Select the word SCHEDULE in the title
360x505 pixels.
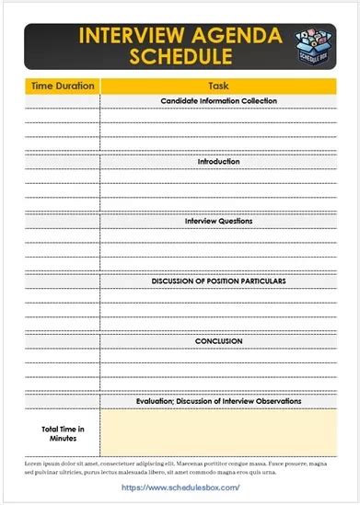click(180, 57)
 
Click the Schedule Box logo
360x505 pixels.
click(316, 46)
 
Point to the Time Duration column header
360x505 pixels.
click(63, 86)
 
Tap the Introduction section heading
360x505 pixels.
click(218, 161)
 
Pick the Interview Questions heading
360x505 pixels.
click(218, 221)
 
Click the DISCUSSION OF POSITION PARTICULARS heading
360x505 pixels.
click(218, 281)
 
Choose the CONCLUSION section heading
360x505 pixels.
click(218, 340)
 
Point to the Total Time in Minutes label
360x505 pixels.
click(63, 432)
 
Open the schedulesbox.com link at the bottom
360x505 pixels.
click(180, 488)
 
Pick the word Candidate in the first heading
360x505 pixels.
click(179, 100)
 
